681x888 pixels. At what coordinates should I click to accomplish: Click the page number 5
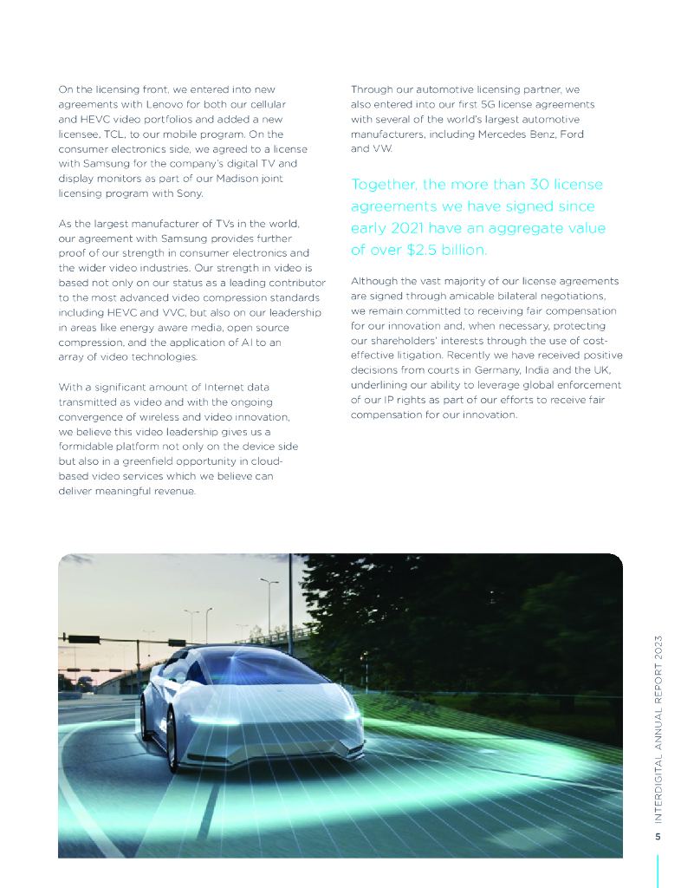tap(658, 837)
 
